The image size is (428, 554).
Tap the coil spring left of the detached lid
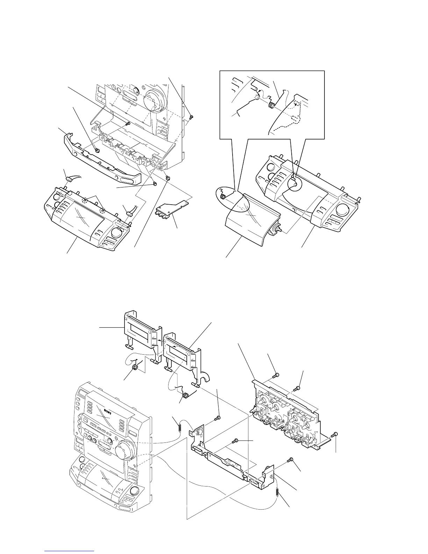(222, 197)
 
